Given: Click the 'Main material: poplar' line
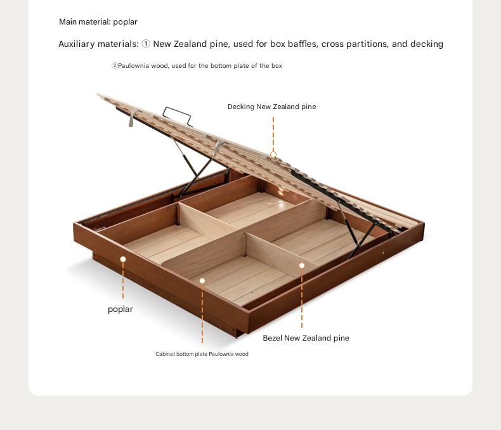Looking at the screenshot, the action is (98, 22).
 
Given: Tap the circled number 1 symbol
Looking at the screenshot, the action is (146, 44).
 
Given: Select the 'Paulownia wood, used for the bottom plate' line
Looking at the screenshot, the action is (197, 66).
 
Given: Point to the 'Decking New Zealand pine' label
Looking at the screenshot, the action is (271, 107).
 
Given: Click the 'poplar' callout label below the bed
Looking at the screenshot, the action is (120, 309).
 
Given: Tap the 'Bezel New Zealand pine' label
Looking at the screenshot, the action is (306, 338).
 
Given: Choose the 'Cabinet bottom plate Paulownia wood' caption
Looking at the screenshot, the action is (202, 354).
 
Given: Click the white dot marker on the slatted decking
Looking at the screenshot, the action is (273, 155).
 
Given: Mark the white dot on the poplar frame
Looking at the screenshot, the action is (123, 259).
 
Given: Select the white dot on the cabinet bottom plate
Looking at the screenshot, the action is (202, 281).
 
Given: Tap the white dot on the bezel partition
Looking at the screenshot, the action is (302, 266).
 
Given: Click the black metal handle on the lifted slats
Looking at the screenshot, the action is (178, 115).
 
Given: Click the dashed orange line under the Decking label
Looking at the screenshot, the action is (273, 134).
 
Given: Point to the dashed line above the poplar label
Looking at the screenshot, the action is (123, 280).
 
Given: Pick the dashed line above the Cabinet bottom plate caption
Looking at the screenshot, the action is (202, 314).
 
